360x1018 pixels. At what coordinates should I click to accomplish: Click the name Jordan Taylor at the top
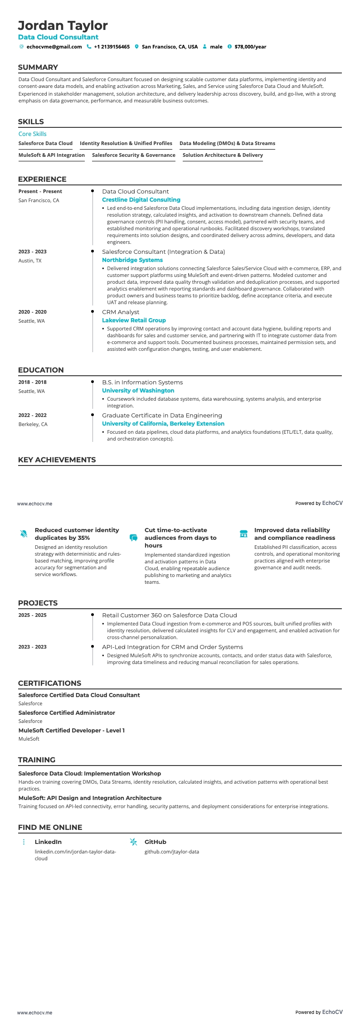pos(63,25)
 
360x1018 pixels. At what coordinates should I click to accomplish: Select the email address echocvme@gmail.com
pos(54,47)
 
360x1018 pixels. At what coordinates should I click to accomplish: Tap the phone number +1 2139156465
pos(112,47)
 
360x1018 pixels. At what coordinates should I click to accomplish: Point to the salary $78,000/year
pos(250,47)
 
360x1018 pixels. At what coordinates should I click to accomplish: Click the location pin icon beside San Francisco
pos(136,47)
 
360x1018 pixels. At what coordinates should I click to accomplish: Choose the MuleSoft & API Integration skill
pos(52,155)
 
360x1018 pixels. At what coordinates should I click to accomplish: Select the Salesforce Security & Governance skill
pos(133,155)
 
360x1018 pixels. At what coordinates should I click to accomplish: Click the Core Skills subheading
pos(32,134)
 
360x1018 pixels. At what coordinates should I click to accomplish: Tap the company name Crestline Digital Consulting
pos(141,199)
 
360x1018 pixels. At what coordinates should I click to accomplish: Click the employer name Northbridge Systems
pos(132,260)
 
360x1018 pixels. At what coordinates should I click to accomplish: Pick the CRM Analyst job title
pos(121,312)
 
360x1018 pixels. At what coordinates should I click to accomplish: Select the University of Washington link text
pos(138,390)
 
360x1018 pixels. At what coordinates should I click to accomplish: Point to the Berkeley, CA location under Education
pos(33,424)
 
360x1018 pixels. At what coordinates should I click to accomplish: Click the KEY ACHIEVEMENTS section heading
pos(57,460)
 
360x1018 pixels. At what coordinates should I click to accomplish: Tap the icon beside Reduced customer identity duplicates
pos(24,533)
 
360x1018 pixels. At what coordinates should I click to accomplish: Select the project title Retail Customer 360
pos(169,615)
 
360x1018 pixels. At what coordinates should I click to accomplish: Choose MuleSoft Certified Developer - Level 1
pos(71,730)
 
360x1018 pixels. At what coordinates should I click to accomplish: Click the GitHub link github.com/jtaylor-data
pos(171,852)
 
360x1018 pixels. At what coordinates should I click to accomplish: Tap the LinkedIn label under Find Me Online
pos(48,842)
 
